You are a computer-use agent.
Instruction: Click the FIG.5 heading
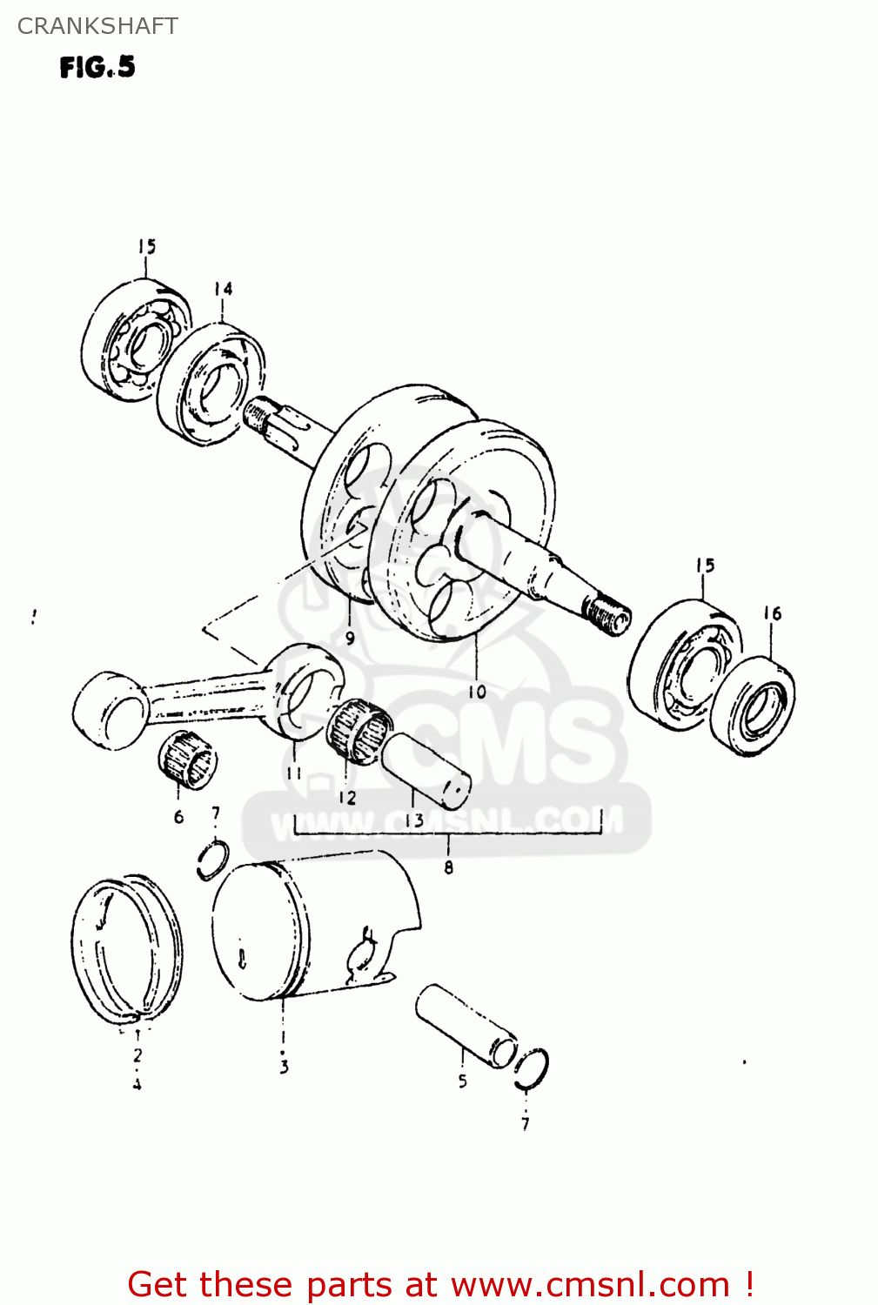[x=97, y=68]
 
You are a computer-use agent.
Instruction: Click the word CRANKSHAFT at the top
[x=97, y=26]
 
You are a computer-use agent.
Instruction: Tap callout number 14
[x=223, y=289]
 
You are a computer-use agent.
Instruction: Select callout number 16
[x=773, y=613]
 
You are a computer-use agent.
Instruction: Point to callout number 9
[x=350, y=637]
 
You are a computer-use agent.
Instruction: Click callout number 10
[x=477, y=692]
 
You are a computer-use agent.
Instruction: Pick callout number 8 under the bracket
[x=448, y=867]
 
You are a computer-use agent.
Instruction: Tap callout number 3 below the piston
[x=284, y=1067]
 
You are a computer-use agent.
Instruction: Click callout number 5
[x=462, y=1081]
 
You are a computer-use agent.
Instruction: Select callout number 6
[x=178, y=816]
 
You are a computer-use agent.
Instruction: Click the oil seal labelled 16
[x=754, y=707]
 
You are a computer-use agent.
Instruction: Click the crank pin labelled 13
[x=426, y=768]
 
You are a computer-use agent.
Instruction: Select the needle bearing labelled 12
[x=359, y=731]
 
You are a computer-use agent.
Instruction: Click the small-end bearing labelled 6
[x=188, y=761]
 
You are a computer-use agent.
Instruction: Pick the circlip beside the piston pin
[x=531, y=1068]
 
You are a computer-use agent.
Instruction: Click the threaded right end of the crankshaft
[x=606, y=614]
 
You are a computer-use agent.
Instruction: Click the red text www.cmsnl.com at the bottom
[x=590, y=1285]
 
